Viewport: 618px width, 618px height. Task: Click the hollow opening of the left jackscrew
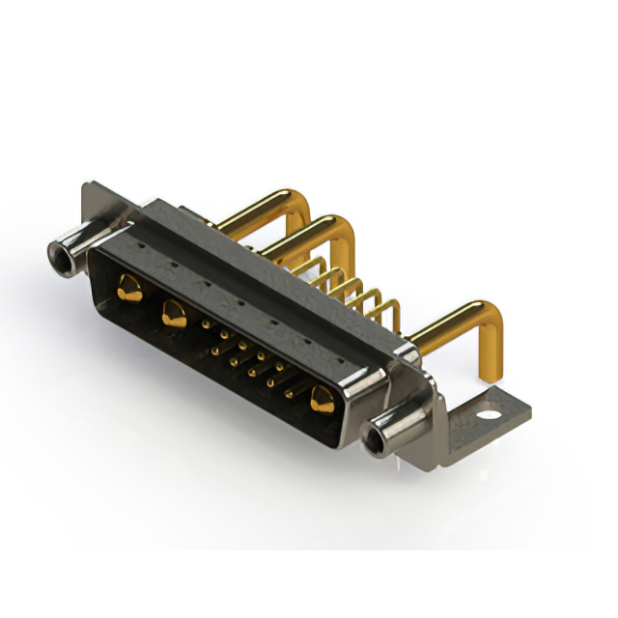(63, 256)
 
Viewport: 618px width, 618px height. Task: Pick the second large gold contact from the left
(174, 312)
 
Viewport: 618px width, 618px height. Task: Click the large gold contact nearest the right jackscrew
(322, 397)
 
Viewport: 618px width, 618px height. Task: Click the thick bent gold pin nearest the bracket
(454, 323)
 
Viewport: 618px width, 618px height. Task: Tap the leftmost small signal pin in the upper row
(206, 324)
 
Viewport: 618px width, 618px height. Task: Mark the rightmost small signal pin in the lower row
(289, 393)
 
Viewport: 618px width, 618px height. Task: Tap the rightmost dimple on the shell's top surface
(340, 359)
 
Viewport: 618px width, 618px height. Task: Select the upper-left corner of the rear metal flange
(88, 184)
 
